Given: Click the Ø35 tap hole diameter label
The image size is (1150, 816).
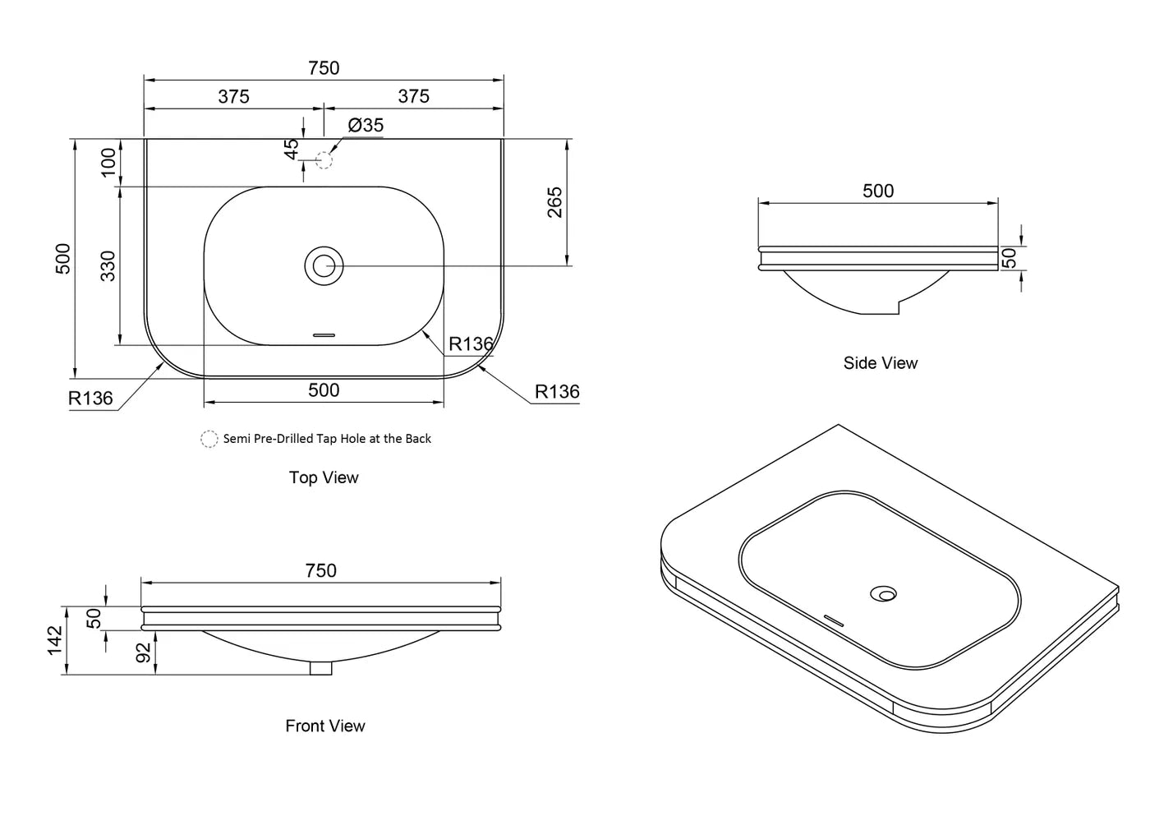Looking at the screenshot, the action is click(x=366, y=125).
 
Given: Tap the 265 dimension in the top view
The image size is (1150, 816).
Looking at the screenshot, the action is click(x=555, y=202).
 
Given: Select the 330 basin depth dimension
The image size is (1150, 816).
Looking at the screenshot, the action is click(x=108, y=266).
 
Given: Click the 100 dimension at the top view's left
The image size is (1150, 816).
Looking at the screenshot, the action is click(x=108, y=162).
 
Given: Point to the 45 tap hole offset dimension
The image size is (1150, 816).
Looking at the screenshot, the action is click(x=291, y=150).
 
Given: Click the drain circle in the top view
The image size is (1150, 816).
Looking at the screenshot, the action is click(x=324, y=266).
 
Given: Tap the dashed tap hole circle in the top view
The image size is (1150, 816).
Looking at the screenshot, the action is click(x=324, y=160).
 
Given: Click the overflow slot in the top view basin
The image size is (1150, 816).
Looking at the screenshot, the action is click(x=324, y=335).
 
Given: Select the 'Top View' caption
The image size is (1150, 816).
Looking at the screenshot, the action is click(x=324, y=477).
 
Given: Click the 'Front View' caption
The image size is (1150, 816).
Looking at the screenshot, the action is click(x=325, y=726).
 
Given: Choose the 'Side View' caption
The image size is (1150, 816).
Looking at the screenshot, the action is click(x=881, y=363).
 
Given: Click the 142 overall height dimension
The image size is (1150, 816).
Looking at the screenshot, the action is click(x=55, y=640).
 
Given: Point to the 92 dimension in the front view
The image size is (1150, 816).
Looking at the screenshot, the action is click(x=143, y=652).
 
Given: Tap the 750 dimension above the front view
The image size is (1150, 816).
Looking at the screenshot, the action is click(x=321, y=570).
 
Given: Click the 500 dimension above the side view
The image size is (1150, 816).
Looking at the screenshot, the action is click(x=878, y=191).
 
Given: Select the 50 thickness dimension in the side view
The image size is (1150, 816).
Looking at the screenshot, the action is click(x=1010, y=258).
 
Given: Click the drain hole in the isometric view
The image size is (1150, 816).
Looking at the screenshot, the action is click(x=884, y=594).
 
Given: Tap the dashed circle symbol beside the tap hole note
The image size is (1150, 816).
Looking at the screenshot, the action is click(x=209, y=439).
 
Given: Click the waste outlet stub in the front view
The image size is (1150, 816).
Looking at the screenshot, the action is click(x=321, y=667).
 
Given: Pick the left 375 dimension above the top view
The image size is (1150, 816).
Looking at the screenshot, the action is click(x=233, y=96).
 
